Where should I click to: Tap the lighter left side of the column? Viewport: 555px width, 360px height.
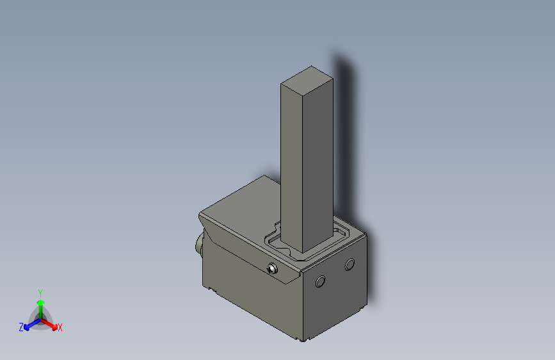[292, 160]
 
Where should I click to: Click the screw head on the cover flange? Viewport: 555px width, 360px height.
[273, 268]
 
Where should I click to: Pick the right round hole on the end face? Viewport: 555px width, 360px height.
[350, 264]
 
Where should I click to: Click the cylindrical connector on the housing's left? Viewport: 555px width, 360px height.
[199, 245]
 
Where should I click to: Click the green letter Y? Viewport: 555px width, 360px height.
[40, 291]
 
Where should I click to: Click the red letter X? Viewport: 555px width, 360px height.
[60, 328]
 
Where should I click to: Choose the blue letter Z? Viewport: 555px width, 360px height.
[21, 327]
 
